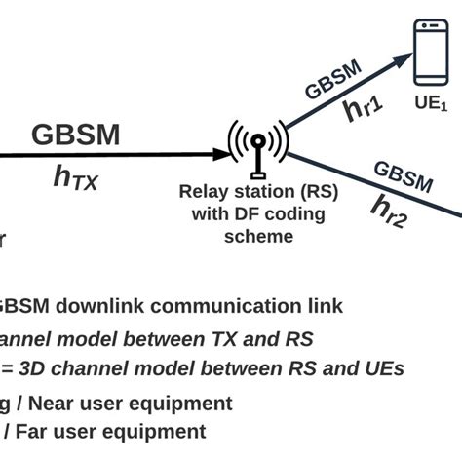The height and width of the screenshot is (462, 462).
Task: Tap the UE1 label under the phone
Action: pyautogui.click(x=431, y=102)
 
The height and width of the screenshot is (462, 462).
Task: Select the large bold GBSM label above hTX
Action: pyautogui.click(x=76, y=135)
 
